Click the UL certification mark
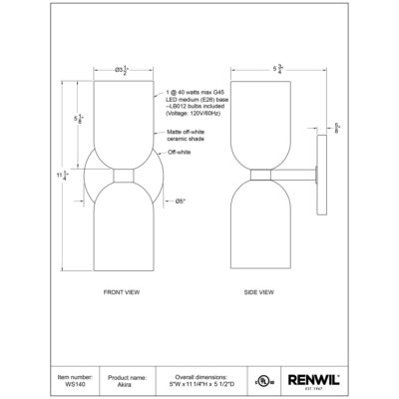tap(263, 381)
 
